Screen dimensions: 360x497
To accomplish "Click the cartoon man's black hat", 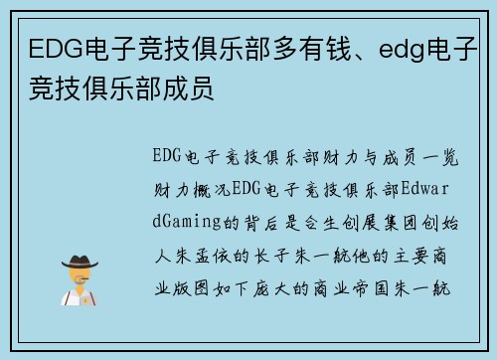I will [81, 260].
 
